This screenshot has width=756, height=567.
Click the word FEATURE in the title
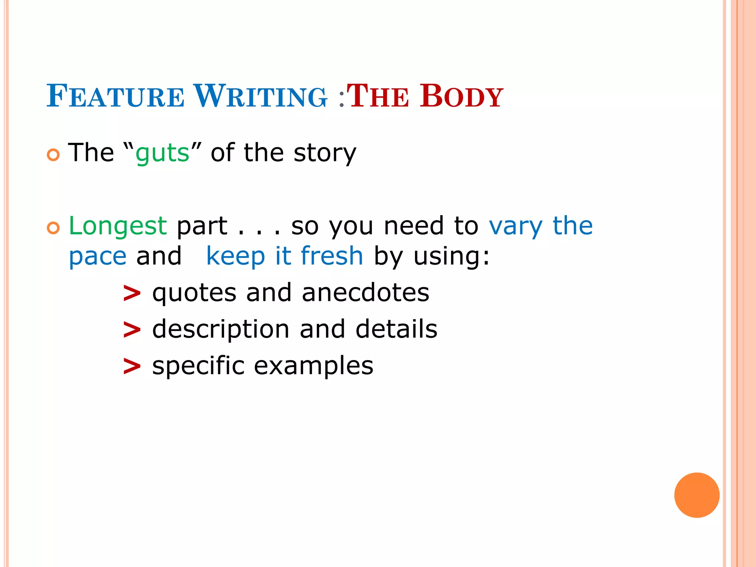(x=115, y=96)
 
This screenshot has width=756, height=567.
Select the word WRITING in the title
(x=260, y=96)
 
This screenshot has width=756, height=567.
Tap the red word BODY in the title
(x=461, y=96)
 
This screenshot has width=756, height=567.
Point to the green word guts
(x=162, y=153)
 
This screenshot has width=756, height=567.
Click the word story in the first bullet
(x=325, y=153)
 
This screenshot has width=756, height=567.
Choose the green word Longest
(x=118, y=226)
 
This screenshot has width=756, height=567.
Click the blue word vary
(x=515, y=226)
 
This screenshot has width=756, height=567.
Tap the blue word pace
(x=98, y=256)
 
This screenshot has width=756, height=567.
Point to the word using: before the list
(x=451, y=256)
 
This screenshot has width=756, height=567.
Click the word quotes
(x=194, y=293)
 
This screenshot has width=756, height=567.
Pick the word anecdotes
(x=365, y=293)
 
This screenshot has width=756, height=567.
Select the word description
(x=221, y=329)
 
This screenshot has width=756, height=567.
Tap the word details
(x=396, y=329)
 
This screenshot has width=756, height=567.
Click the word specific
(x=198, y=366)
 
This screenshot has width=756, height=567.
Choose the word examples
(x=313, y=366)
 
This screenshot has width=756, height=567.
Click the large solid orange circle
(x=697, y=495)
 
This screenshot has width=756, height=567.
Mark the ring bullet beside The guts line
(x=53, y=155)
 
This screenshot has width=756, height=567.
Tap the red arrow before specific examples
(x=132, y=367)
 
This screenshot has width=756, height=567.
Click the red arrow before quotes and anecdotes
(x=132, y=294)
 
